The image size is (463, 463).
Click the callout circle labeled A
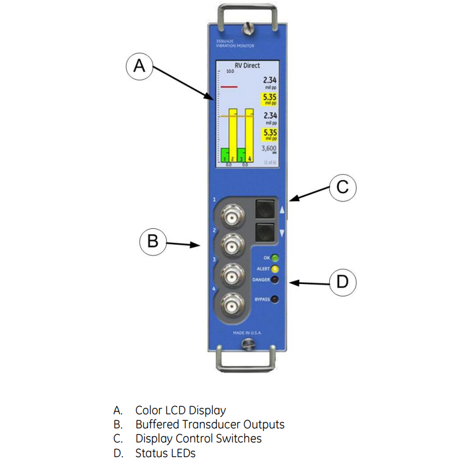[139, 66]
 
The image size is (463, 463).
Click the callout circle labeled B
[153, 242]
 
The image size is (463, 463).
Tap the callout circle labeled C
[343, 188]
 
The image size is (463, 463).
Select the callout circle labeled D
[343, 282]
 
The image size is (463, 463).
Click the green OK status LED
[274, 258]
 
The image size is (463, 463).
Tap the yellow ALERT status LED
[274, 269]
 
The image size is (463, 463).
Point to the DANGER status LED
[274, 280]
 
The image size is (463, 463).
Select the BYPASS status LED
[274, 300]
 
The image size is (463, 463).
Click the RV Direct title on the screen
[247, 66]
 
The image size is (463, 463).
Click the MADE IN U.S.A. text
[247, 333]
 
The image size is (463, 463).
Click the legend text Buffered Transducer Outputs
[209, 424]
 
